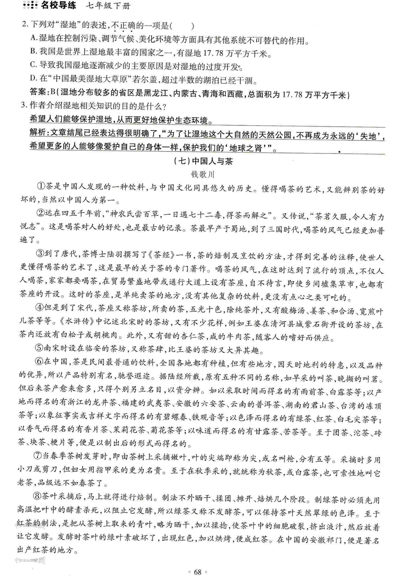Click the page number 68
pyautogui.click(x=198, y=570)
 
